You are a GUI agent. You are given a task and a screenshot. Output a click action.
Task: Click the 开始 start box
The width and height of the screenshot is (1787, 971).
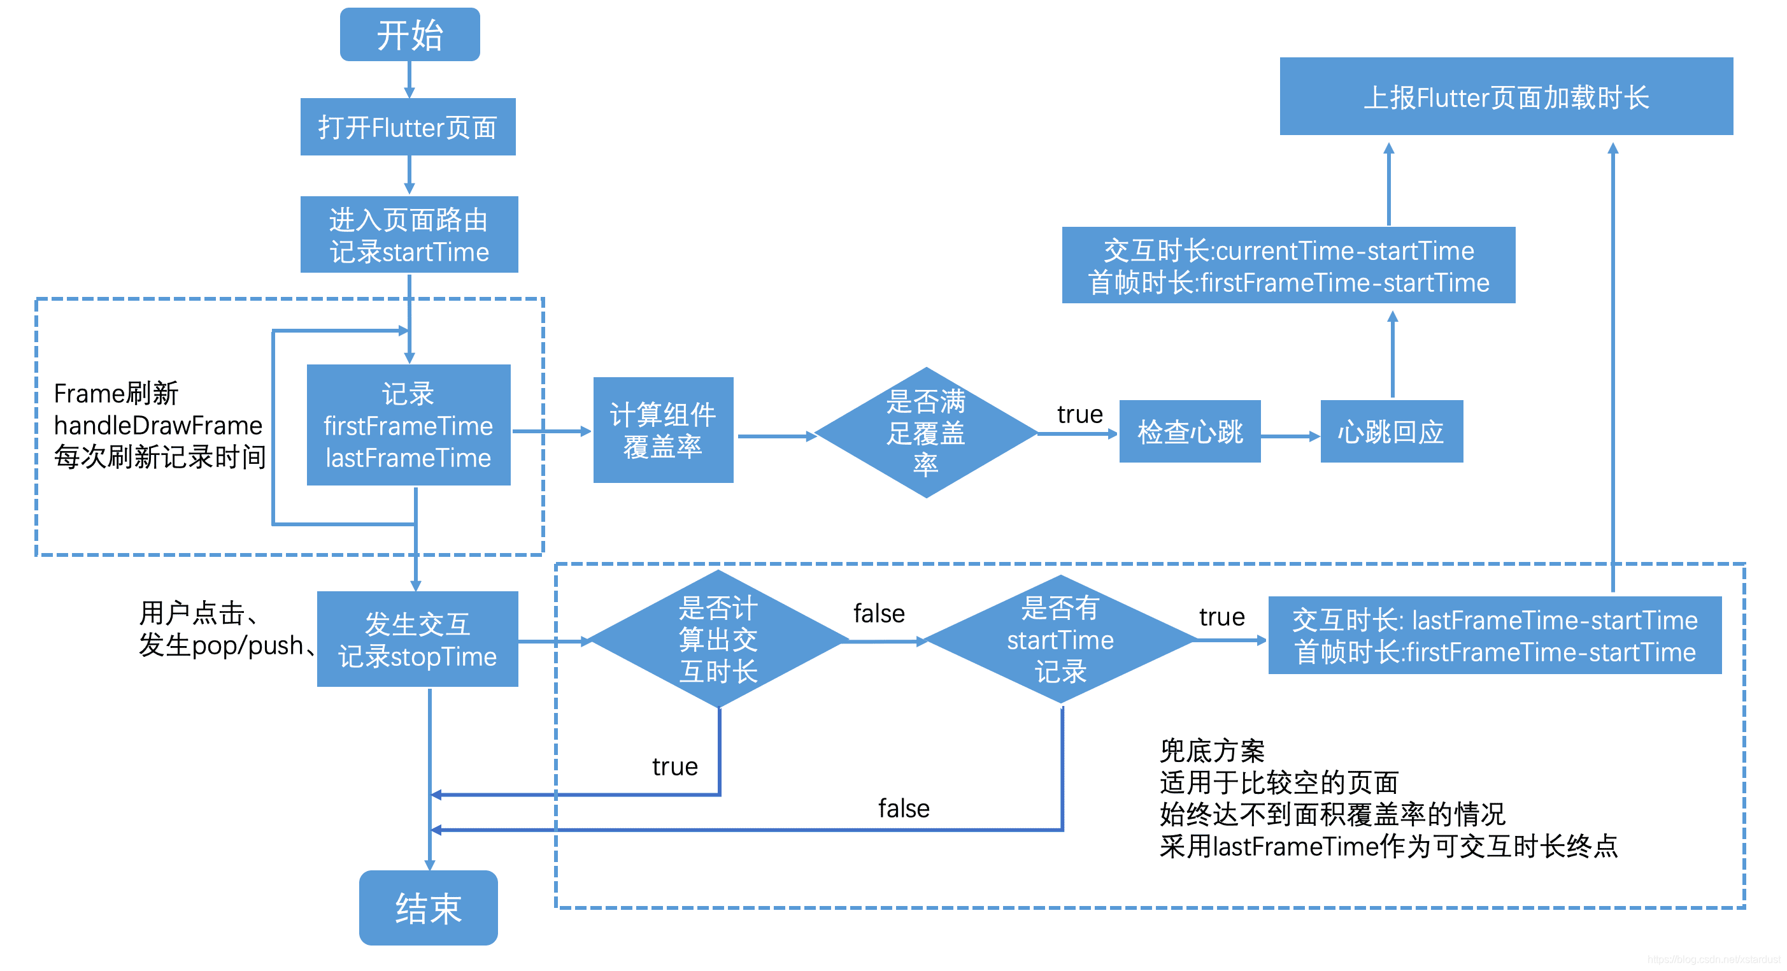[409, 34]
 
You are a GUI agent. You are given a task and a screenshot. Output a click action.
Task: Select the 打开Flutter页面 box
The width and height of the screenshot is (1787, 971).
[408, 127]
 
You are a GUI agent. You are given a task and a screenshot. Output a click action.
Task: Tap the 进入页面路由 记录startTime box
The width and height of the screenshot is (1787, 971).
[409, 235]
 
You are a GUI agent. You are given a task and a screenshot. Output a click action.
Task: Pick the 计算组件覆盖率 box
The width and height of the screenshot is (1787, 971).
[662, 430]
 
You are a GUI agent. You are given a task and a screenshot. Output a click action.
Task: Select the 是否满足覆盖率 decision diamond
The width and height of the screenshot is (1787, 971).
[925, 432]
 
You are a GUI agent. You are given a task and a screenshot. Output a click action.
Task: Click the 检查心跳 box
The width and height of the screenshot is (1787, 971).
[1190, 432]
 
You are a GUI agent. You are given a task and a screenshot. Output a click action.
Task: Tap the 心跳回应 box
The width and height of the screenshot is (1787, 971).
[1391, 432]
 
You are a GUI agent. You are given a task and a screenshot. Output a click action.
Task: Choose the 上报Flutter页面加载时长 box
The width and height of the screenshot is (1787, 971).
[1506, 97]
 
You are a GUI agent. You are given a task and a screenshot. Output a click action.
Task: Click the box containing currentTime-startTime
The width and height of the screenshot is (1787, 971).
[1288, 266]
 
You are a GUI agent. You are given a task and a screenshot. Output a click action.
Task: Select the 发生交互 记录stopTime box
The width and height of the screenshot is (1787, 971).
[417, 639]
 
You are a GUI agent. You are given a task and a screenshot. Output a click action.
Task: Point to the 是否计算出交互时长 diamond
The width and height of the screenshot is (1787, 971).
[718, 639]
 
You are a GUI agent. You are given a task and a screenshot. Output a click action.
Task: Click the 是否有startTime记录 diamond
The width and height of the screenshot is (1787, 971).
[1060, 639]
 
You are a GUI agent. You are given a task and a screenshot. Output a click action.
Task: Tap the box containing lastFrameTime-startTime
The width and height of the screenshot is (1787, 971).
[1494, 636]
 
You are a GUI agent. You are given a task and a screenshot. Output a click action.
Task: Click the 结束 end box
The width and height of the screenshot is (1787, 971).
[428, 908]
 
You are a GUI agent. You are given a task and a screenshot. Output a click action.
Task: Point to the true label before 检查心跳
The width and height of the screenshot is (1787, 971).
[1079, 414]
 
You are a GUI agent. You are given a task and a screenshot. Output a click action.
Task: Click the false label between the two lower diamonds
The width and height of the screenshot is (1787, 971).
[879, 614]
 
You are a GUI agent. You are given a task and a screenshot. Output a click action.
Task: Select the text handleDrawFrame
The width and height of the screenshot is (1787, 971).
[158, 425]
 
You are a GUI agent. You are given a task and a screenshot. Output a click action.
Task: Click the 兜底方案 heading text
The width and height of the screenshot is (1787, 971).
[1212, 751]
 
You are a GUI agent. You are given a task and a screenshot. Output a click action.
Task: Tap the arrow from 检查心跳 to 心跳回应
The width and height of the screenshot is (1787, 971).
[1290, 436]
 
